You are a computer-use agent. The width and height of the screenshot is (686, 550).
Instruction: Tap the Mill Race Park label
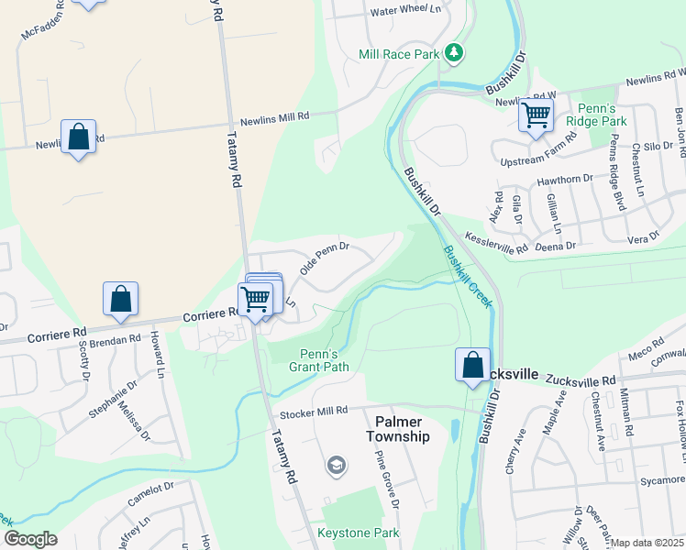(x=400, y=55)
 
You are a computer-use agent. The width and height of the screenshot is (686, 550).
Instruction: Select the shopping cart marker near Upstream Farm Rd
(x=535, y=116)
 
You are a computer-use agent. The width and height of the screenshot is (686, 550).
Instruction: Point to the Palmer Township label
(x=398, y=429)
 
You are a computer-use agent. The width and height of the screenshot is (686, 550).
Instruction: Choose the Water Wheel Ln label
(x=405, y=12)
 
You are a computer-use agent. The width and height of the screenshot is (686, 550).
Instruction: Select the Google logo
(x=29, y=540)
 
